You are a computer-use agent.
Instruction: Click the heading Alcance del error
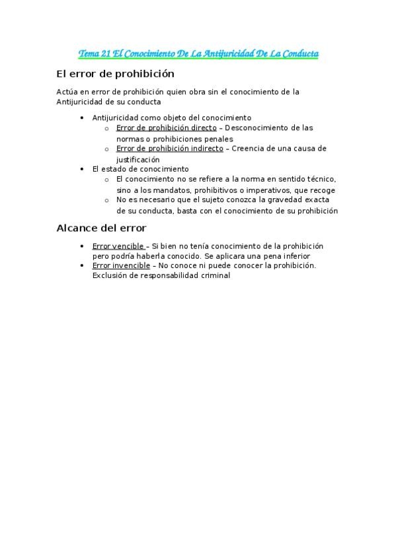point(101,228)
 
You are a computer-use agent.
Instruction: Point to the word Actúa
point(67,92)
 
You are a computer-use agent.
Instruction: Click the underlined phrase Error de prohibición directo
point(166,127)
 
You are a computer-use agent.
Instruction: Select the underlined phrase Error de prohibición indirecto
point(169,149)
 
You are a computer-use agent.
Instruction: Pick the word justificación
point(138,159)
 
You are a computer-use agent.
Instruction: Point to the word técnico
point(318,179)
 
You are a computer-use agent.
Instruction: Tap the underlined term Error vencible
point(118,246)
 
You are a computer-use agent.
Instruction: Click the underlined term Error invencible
point(121,265)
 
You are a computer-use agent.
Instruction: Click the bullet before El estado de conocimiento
point(81,169)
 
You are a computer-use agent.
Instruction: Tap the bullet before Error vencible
point(81,246)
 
